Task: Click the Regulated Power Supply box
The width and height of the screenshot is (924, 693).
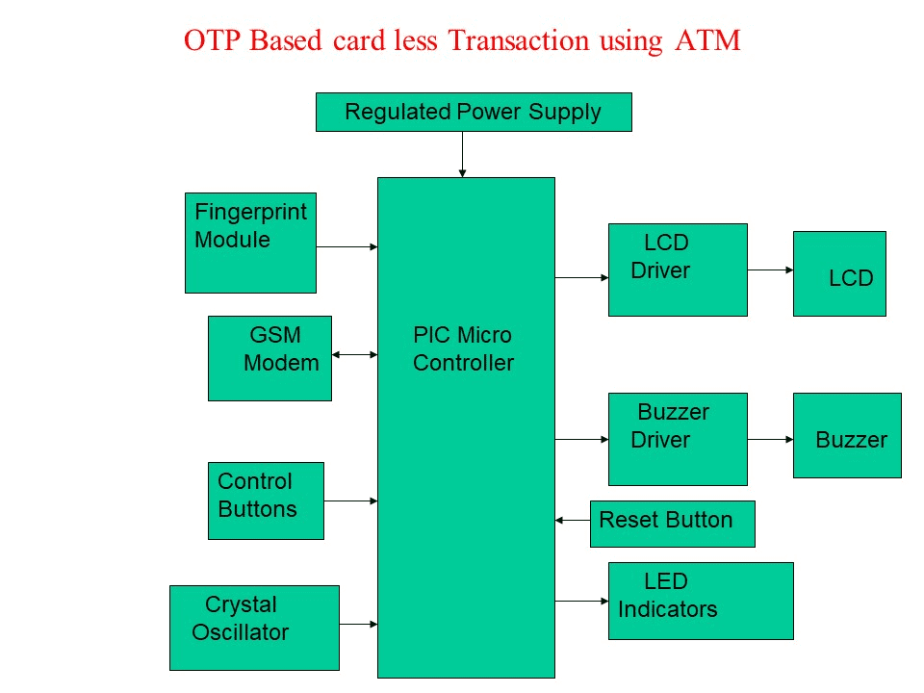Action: tap(474, 112)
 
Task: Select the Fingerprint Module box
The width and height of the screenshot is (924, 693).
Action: tap(250, 243)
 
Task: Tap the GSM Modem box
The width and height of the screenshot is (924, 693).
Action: tap(269, 358)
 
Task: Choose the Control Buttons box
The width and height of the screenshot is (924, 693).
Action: tap(266, 500)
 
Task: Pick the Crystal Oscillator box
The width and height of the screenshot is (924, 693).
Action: tap(254, 628)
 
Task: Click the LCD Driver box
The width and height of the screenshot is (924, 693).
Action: tap(678, 269)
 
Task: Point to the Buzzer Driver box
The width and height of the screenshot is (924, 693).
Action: tap(678, 439)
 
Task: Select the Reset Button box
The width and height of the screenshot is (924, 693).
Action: tap(672, 524)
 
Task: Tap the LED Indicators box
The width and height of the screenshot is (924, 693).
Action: tap(701, 601)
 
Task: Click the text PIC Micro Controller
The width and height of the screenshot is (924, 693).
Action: tap(463, 349)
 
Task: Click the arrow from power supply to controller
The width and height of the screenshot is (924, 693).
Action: tap(462, 154)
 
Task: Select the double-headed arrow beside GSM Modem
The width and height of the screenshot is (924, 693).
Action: tap(354, 354)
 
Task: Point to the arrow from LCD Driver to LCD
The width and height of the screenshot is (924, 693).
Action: tap(770, 270)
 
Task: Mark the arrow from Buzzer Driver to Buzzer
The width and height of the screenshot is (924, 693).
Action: tap(770, 440)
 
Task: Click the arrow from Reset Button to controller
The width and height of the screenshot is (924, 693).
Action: tap(573, 521)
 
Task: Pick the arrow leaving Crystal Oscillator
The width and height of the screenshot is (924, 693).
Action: tap(358, 625)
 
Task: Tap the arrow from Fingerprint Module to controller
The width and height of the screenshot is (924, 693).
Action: tap(346, 247)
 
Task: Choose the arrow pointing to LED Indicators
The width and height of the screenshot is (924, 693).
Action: tap(581, 602)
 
